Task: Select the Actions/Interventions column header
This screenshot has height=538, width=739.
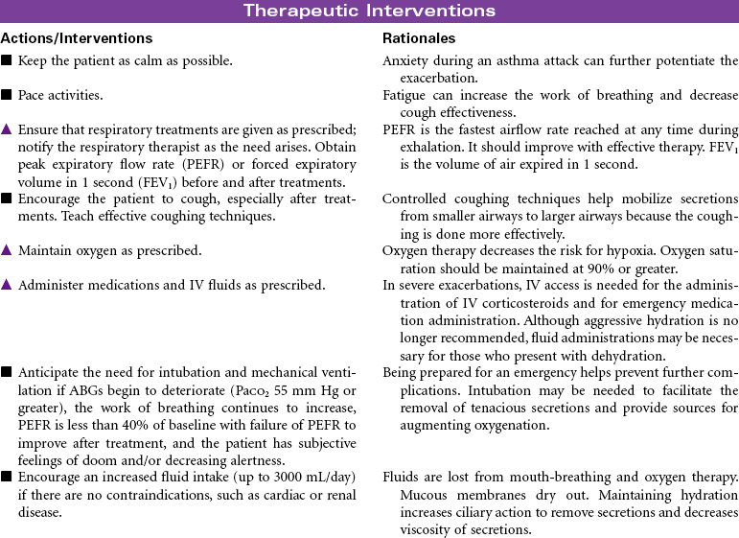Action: tap(77, 38)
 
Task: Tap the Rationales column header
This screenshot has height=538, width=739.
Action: tap(419, 38)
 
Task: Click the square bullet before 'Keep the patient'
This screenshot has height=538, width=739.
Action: tap(7, 60)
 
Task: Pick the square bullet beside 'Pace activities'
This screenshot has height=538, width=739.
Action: tap(7, 96)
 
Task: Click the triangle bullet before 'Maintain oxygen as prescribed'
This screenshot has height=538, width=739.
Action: tap(7, 250)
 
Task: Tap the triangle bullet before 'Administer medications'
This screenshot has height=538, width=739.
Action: tap(7, 286)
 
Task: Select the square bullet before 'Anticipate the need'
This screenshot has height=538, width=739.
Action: tap(7, 372)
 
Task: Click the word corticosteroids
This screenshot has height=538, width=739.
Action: tap(497, 303)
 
